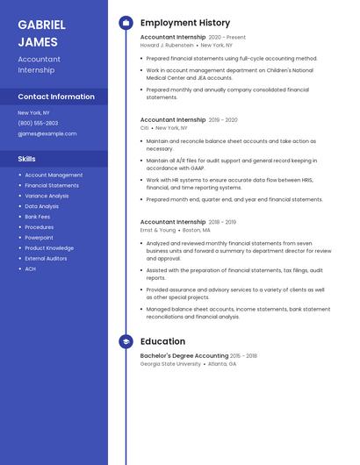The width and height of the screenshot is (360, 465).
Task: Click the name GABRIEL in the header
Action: click(42, 24)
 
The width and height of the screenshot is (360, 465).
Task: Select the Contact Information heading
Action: click(56, 97)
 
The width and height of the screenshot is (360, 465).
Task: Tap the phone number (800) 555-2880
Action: click(39, 123)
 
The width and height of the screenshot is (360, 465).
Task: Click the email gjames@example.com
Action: click(47, 134)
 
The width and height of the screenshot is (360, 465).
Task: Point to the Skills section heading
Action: click(26, 159)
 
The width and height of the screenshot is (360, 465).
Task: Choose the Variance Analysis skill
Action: click(47, 196)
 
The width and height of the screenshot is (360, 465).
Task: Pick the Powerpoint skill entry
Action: click(39, 238)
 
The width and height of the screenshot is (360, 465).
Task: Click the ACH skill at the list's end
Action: click(30, 268)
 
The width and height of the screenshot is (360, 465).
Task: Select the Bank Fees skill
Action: click(37, 217)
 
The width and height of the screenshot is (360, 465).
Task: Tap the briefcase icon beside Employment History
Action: click(126, 23)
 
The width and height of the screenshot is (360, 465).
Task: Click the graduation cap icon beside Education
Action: click(126, 341)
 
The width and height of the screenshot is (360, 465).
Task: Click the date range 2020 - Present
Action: click(227, 38)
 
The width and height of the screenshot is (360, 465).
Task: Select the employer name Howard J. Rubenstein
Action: click(167, 46)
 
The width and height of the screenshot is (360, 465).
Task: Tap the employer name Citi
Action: click(144, 127)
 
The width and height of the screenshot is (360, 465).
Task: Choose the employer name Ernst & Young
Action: click(158, 230)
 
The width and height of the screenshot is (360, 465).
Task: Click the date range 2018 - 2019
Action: click(222, 222)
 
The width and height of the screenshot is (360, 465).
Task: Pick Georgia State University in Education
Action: click(170, 363)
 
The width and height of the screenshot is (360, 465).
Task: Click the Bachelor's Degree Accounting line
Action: click(184, 355)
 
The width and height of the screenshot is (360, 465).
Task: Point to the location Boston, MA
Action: click(197, 230)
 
